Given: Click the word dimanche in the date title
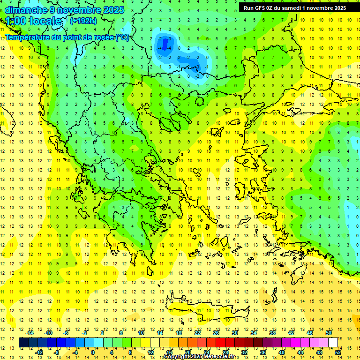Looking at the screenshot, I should coord(26,10).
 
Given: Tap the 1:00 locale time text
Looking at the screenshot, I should coord(34,21).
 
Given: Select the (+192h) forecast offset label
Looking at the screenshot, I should coord(83,21).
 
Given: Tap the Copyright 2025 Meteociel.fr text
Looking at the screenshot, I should coord(199,357).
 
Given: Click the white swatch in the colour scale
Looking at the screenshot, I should coord(333,343).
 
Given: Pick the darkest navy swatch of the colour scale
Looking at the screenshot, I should coord(23,343).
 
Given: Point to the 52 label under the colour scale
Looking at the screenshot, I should coord(338,352).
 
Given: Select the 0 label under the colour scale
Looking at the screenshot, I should coord(93,352).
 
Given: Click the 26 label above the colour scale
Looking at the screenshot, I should coord(216,333).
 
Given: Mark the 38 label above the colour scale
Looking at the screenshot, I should coord(272,333).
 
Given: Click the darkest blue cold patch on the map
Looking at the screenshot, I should coord(165,45).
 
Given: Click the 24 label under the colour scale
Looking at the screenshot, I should coord(206,352).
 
